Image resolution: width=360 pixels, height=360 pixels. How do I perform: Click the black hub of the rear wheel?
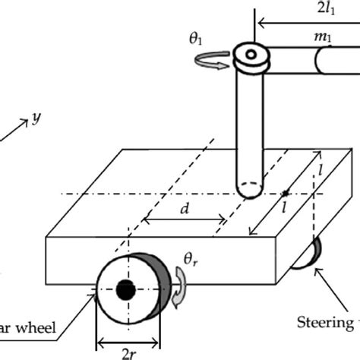125,289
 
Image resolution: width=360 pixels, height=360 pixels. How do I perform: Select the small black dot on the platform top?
286,193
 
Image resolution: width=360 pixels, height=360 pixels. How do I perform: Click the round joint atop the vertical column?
250,55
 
